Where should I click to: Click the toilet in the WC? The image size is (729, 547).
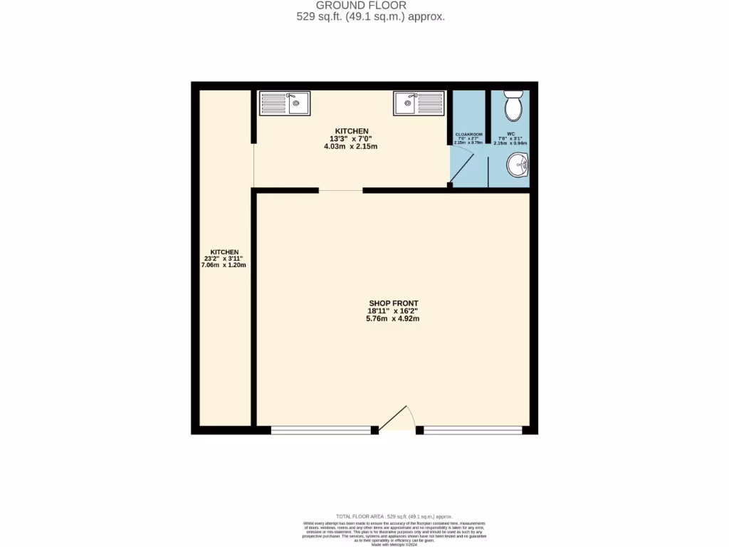click(512, 108)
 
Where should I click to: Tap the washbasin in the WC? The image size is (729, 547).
click(518, 166)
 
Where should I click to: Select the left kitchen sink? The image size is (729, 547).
click(283, 103)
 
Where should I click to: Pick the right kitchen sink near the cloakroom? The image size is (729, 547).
click(418, 103)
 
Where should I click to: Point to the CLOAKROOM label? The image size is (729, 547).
click(469, 135)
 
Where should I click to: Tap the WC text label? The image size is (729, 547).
click(510, 134)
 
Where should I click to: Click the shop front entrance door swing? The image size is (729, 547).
click(397, 420)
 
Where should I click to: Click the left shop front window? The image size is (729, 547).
click(321, 430)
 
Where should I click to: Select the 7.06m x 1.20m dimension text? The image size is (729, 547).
click(224, 265)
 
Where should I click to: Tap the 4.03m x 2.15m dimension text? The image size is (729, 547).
click(352, 147)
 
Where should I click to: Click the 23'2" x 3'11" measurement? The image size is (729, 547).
click(224, 259)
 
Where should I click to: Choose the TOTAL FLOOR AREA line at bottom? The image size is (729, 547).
click(393, 516)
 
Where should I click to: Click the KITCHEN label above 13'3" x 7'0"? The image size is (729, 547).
click(352, 131)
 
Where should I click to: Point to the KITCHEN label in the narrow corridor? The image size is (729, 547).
click(224, 251)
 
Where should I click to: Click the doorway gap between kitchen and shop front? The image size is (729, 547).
click(340, 190)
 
